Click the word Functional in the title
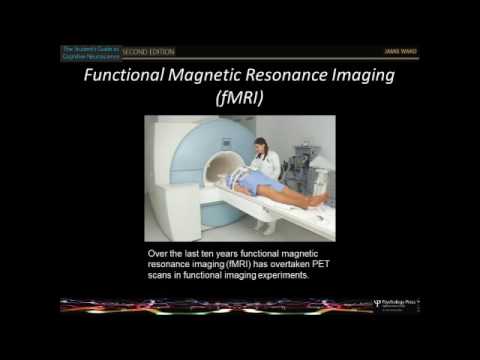click(x=127, y=76)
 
